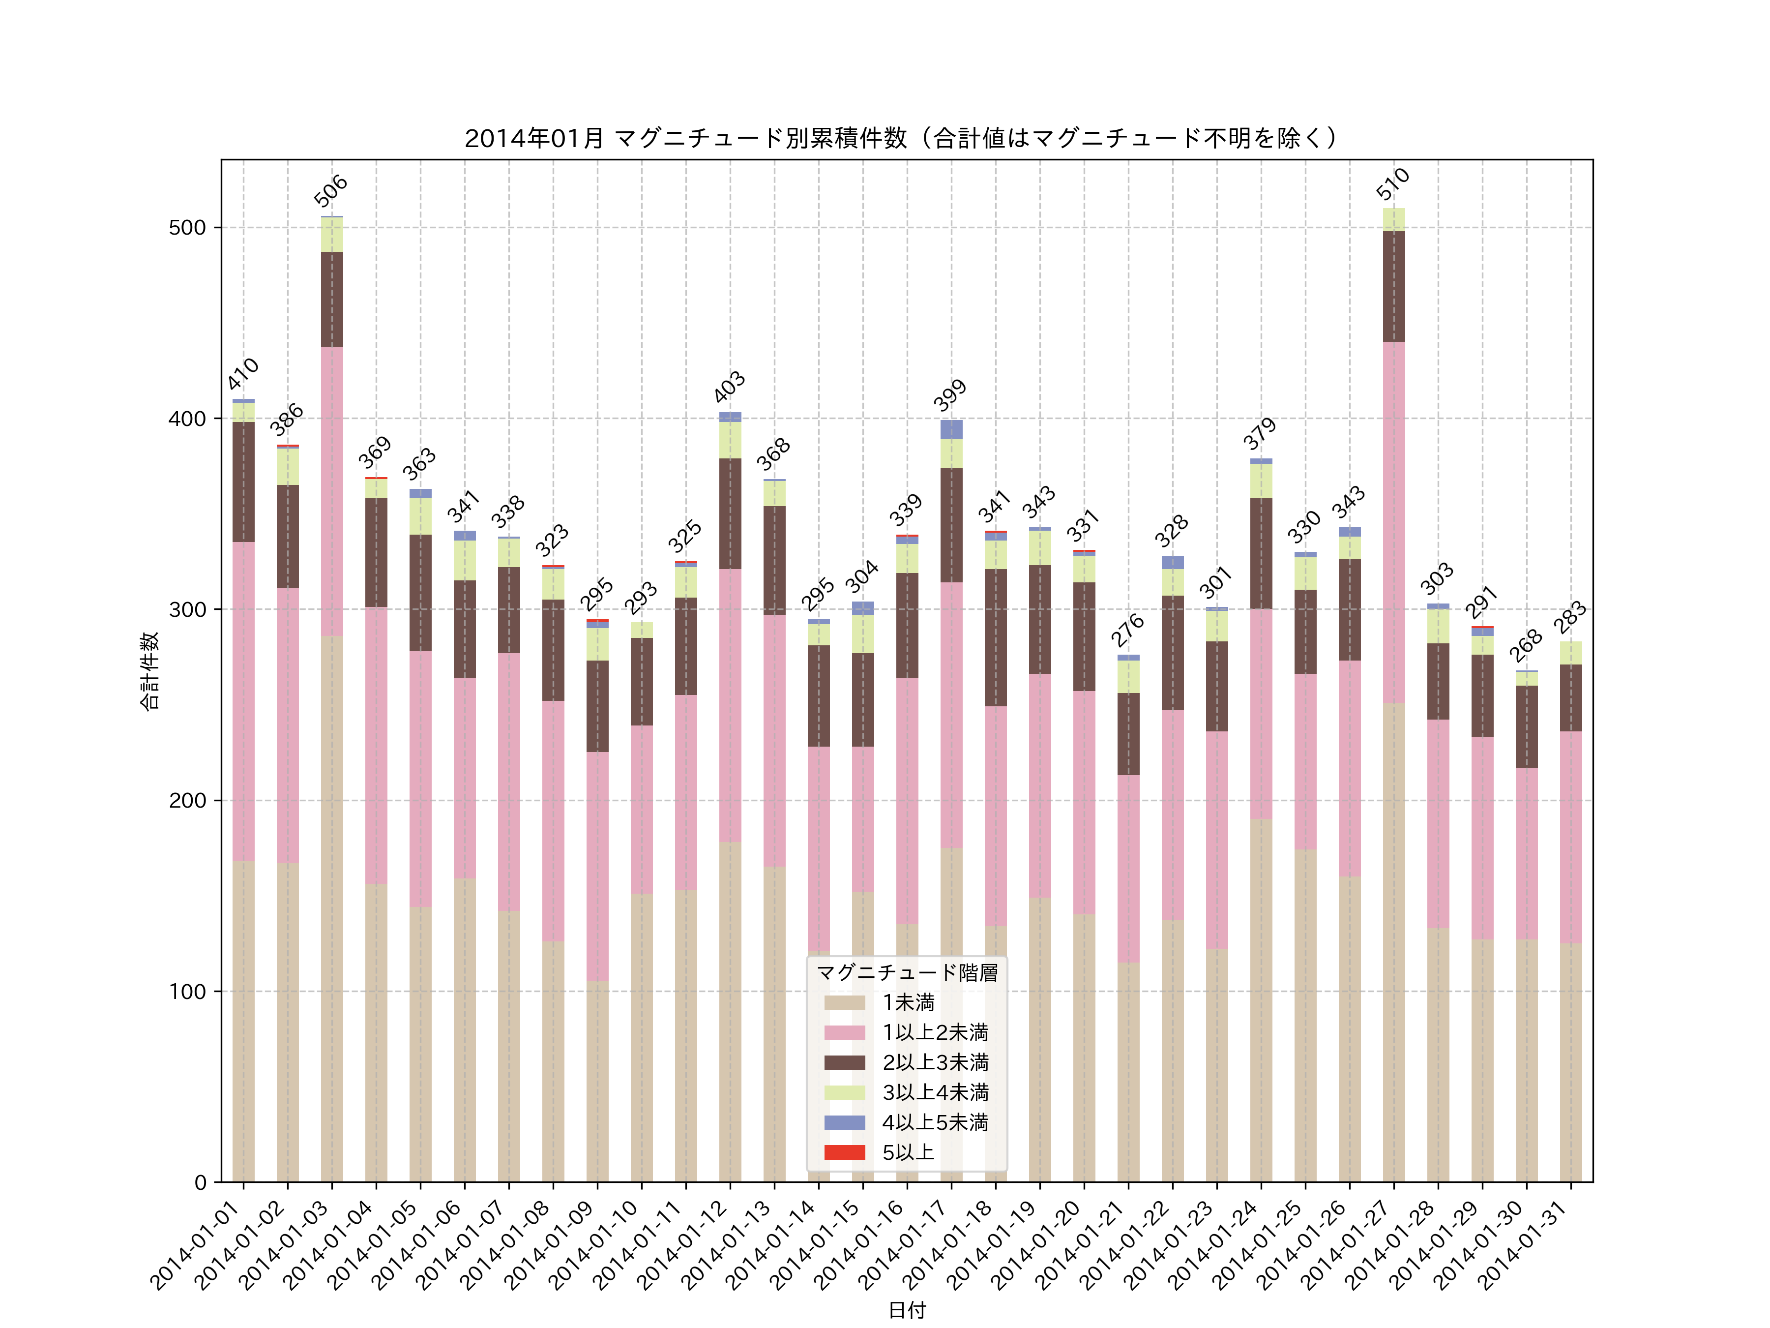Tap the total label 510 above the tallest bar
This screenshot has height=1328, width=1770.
click(1393, 183)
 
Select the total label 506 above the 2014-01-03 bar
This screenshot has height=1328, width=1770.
click(330, 190)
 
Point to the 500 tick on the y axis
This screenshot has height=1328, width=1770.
click(187, 227)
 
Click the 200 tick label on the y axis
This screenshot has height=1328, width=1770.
click(187, 800)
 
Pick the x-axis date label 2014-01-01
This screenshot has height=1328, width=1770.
click(197, 1245)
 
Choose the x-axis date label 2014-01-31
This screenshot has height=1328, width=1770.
click(1524, 1245)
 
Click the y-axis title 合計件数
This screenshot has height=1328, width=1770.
click(149, 671)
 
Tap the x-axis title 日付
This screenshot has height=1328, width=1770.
click(907, 1310)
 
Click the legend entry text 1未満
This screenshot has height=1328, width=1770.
click(908, 1002)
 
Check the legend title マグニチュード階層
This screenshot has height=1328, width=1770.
click(907, 972)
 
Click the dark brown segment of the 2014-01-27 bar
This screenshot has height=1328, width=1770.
click(1393, 287)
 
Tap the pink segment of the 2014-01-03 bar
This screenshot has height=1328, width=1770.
click(331, 491)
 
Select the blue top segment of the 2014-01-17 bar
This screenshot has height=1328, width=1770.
click(951, 430)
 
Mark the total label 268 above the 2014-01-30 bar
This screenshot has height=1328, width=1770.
click(1526, 645)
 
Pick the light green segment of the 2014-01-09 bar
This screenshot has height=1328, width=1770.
click(597, 644)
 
